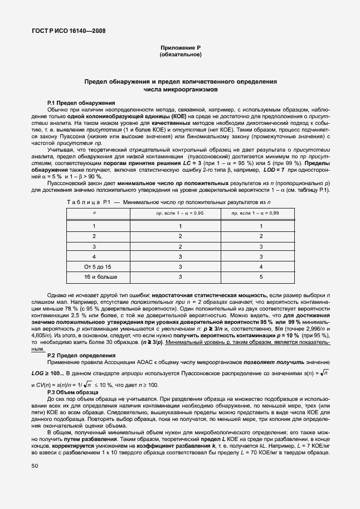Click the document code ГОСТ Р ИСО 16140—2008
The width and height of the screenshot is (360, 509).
coord(66,31)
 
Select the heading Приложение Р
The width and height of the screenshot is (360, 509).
coord(180,49)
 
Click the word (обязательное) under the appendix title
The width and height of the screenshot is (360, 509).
coord(180,55)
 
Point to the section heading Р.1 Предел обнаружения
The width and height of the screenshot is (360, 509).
coord(81,103)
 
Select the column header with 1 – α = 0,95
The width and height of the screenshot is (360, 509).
coord(180,213)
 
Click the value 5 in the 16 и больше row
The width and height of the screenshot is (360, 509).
coord(261,277)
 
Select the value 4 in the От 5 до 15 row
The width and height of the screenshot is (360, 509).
coord(261,267)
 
